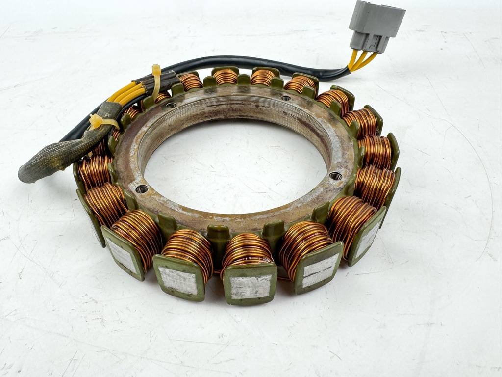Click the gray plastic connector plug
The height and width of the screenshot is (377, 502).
coord(376,25)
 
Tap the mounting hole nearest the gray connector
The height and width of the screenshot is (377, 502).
coord(286,98)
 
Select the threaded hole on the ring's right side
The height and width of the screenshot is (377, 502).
coord(336,176)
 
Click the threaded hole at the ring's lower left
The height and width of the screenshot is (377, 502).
coord(142,188)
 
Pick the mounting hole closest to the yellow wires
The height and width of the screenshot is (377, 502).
coord(171,105)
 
